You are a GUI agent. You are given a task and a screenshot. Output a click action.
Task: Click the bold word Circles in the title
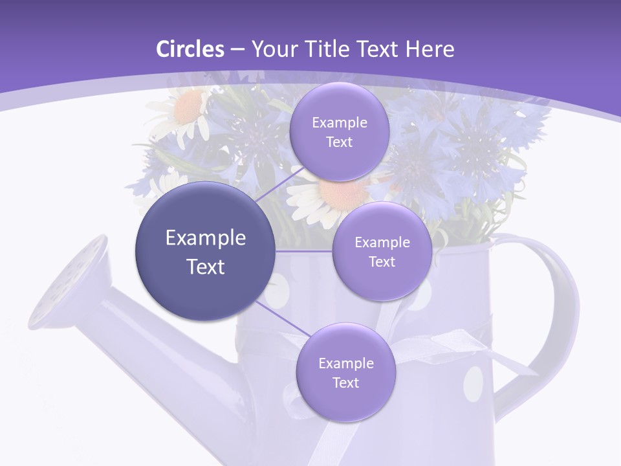[x=190, y=49]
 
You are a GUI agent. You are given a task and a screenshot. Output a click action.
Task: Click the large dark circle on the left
[x=206, y=251]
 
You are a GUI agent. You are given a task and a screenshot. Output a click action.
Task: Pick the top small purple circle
[x=339, y=131]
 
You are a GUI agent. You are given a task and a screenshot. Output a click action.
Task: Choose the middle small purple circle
[x=382, y=251]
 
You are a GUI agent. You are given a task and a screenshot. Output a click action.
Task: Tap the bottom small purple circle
[x=345, y=372]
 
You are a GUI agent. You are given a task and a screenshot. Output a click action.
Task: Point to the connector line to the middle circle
[x=304, y=251]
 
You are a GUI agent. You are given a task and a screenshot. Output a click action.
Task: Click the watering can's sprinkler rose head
[x=68, y=282]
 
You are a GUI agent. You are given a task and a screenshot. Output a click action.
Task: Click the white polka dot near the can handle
[x=474, y=383]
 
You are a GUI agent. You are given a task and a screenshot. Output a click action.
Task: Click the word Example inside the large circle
[x=206, y=238]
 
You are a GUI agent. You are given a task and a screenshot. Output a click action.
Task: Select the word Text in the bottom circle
[x=345, y=383]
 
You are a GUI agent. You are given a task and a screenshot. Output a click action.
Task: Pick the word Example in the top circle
[x=339, y=122]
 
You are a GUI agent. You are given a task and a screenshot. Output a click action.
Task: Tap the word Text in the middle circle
[x=382, y=261]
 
